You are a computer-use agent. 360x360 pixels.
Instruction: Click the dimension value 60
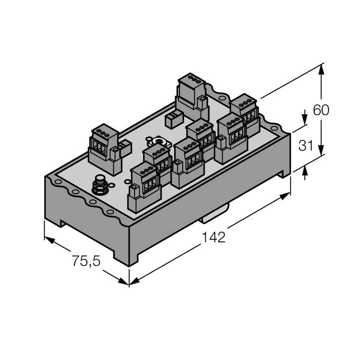click(321, 110)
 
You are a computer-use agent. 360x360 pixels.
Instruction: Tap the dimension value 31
click(306, 145)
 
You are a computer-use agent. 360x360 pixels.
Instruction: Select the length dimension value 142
click(213, 237)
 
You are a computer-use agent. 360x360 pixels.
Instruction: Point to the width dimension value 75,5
click(86, 261)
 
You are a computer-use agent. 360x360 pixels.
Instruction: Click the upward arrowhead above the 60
click(321, 69)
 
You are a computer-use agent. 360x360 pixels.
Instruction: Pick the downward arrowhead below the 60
click(322, 150)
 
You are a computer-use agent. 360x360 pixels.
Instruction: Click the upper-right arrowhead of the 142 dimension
click(285, 197)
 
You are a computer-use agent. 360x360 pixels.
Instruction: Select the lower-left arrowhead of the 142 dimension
click(135, 281)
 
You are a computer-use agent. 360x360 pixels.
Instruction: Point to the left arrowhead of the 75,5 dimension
click(49, 240)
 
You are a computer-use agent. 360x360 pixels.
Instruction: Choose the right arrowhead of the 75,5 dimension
click(123, 281)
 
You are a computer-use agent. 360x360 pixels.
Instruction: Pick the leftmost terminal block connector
click(105, 149)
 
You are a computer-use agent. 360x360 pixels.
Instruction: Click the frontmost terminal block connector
click(144, 186)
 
